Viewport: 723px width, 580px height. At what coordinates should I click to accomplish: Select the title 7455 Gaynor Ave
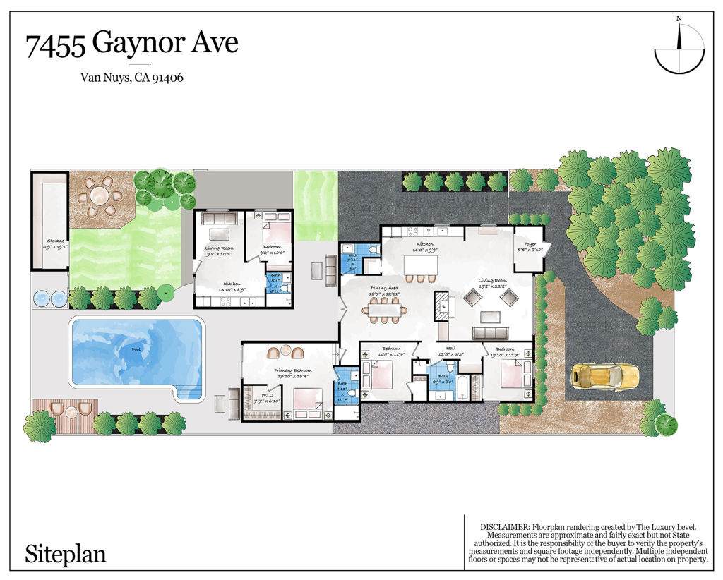coord(132,44)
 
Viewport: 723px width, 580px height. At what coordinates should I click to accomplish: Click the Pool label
coord(136,349)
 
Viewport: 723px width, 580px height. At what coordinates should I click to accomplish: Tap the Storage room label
coord(50,241)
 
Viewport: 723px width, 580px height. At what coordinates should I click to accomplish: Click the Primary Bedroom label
coord(293,370)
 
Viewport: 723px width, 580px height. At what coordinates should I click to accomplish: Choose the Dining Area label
coord(384,288)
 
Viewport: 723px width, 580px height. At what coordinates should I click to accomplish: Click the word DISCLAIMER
coord(504,527)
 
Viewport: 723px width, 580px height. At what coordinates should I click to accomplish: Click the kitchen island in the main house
coord(420,264)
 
